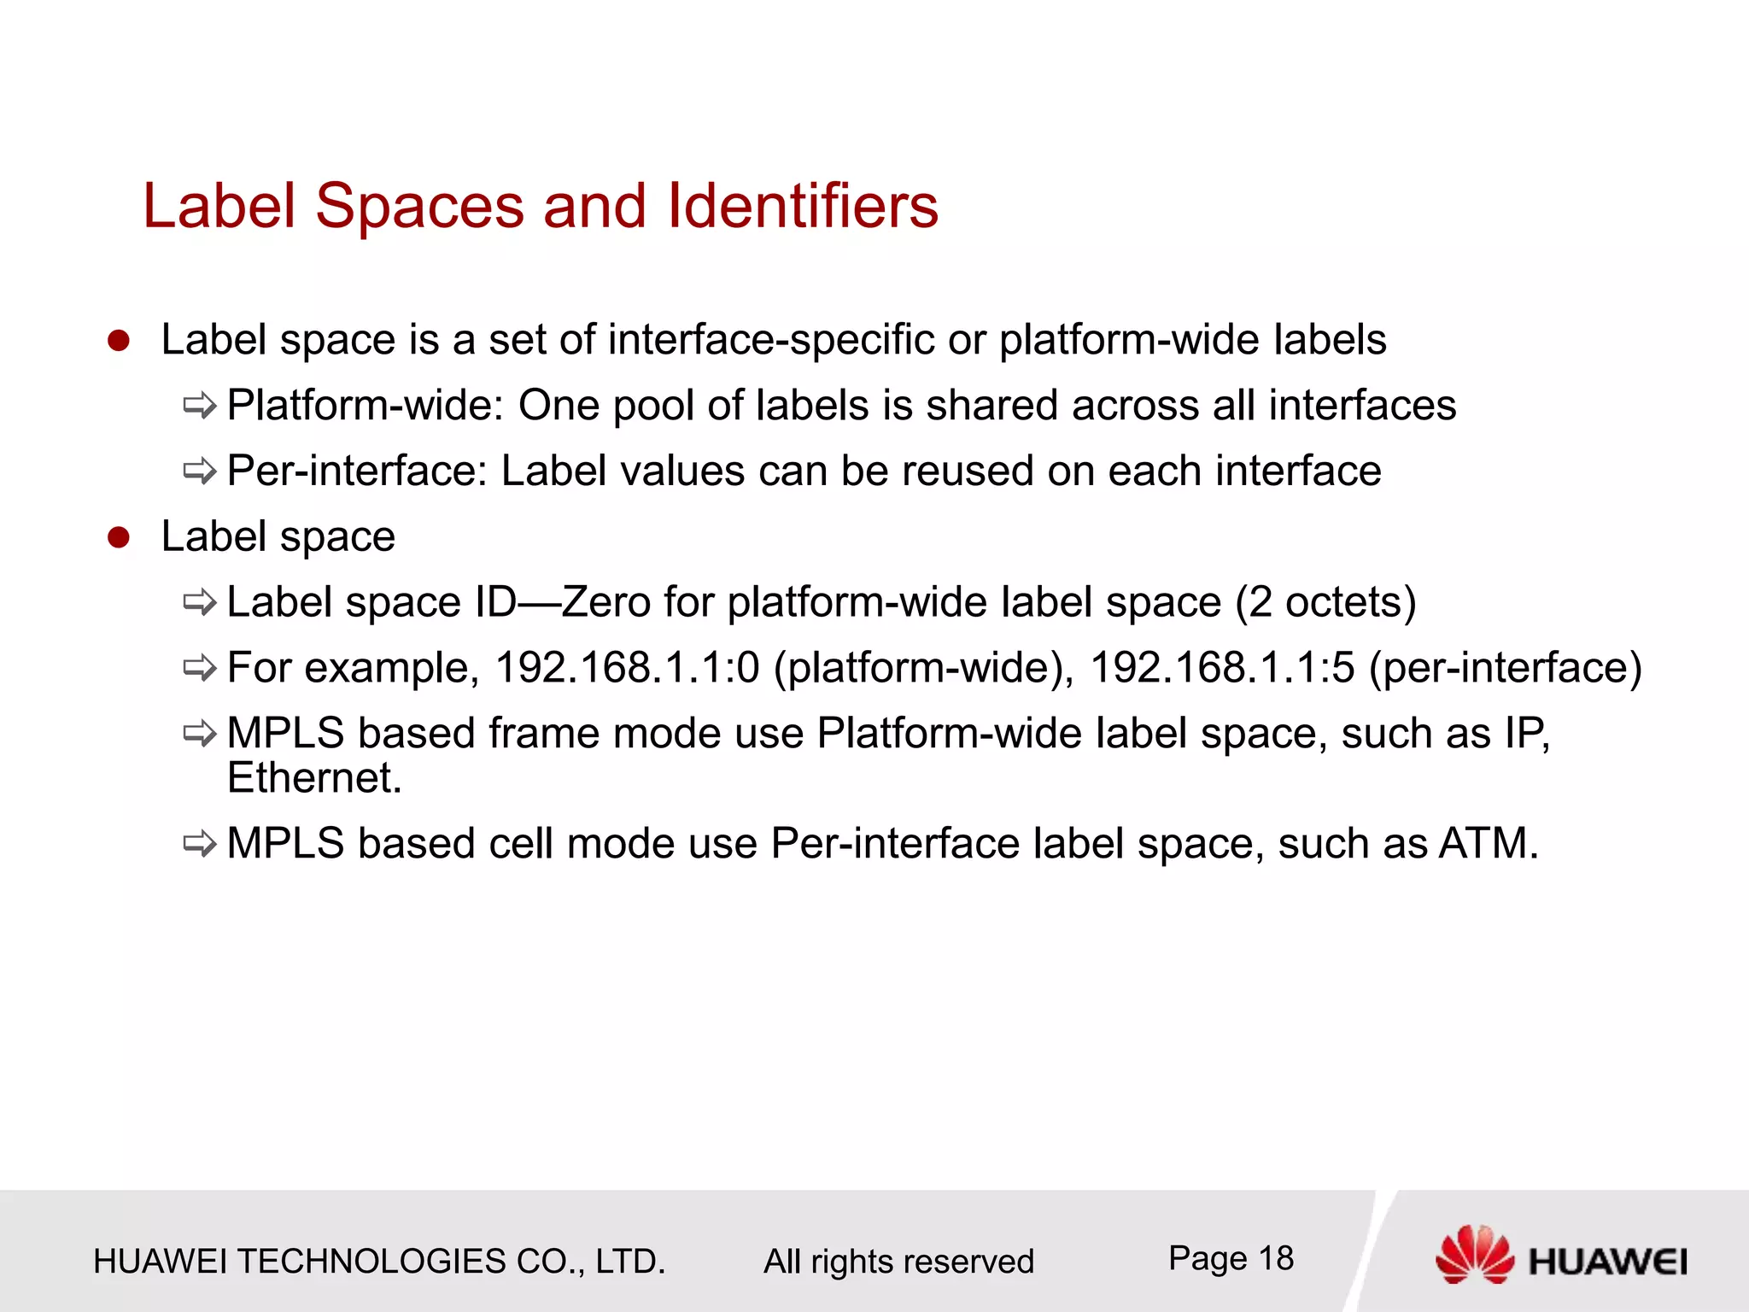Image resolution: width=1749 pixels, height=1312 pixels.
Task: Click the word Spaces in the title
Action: pos(419,208)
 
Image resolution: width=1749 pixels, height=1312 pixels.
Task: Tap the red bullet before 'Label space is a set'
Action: pos(118,341)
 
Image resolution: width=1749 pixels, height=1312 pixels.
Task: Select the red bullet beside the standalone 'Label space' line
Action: pos(118,537)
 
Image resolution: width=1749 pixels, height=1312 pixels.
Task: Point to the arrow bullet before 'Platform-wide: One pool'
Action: pos(200,406)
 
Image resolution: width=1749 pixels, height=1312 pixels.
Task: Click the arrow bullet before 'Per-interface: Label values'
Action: pos(200,471)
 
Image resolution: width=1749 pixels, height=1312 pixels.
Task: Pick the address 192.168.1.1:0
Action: pos(627,667)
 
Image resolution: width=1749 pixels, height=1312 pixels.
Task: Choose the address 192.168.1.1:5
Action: pos(1222,667)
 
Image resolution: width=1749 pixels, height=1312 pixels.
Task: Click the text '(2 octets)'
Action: pos(1325,602)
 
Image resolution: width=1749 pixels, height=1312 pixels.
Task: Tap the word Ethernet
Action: pos(313,778)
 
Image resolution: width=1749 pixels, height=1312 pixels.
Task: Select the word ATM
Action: pos(1488,844)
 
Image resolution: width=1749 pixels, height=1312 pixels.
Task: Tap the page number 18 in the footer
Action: pos(1276,1258)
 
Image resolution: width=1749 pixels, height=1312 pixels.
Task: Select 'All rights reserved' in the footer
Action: pos(898,1262)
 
